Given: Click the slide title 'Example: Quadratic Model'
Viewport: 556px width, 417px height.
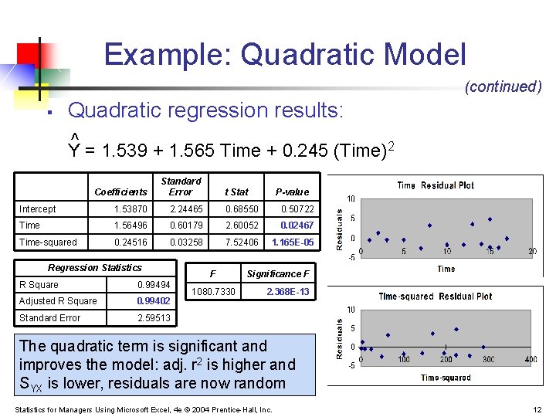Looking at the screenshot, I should point(285,55).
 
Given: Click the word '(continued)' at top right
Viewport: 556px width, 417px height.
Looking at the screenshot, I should point(503,86).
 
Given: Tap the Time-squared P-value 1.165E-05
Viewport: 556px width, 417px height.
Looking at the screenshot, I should point(293,242).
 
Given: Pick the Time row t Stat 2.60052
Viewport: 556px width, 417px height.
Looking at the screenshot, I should point(242,225).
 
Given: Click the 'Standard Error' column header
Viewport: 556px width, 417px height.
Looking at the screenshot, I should point(181,186).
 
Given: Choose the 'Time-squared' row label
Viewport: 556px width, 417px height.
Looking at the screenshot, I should point(48,242).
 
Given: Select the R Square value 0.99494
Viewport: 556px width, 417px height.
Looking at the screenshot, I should point(153,285).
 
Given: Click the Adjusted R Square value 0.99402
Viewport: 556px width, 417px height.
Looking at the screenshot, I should point(153,301).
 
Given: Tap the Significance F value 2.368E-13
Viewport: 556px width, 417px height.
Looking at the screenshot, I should point(287,292).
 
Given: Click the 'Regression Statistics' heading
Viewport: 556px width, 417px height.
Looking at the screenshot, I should point(94,268).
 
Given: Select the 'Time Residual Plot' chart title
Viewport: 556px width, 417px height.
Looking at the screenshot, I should point(436,185).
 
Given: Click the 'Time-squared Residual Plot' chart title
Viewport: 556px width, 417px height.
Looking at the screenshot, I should point(435,297).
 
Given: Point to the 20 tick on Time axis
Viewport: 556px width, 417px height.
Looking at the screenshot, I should point(532,252).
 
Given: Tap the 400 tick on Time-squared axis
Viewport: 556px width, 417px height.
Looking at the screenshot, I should point(531,361).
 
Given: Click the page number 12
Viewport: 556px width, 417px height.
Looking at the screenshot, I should point(537,409).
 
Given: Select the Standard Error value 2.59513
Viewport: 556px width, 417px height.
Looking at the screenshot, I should point(154,318).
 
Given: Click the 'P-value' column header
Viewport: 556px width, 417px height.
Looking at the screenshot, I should point(292,192).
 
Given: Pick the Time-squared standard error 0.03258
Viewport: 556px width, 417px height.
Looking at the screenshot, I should point(186,242).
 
